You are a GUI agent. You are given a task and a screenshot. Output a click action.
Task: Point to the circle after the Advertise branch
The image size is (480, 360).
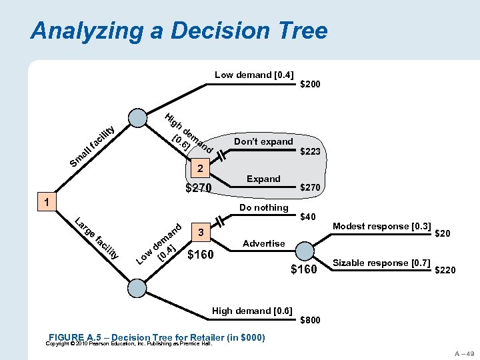click(x=305, y=251)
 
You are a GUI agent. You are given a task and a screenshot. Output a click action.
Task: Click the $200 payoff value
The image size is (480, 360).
click(x=310, y=85)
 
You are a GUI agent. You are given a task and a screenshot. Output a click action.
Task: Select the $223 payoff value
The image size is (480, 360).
click(x=310, y=152)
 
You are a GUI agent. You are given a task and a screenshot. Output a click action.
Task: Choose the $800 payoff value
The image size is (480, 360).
click(x=310, y=320)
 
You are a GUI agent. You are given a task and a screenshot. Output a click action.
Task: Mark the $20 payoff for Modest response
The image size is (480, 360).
click(x=442, y=233)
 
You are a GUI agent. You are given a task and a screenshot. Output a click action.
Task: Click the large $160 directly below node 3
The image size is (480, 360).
click(x=201, y=254)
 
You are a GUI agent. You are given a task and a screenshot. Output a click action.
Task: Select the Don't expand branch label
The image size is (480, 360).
click(x=263, y=141)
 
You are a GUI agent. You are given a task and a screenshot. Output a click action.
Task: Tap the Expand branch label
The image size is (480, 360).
click(x=263, y=179)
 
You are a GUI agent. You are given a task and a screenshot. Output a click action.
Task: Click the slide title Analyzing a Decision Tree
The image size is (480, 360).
click(x=179, y=31)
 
